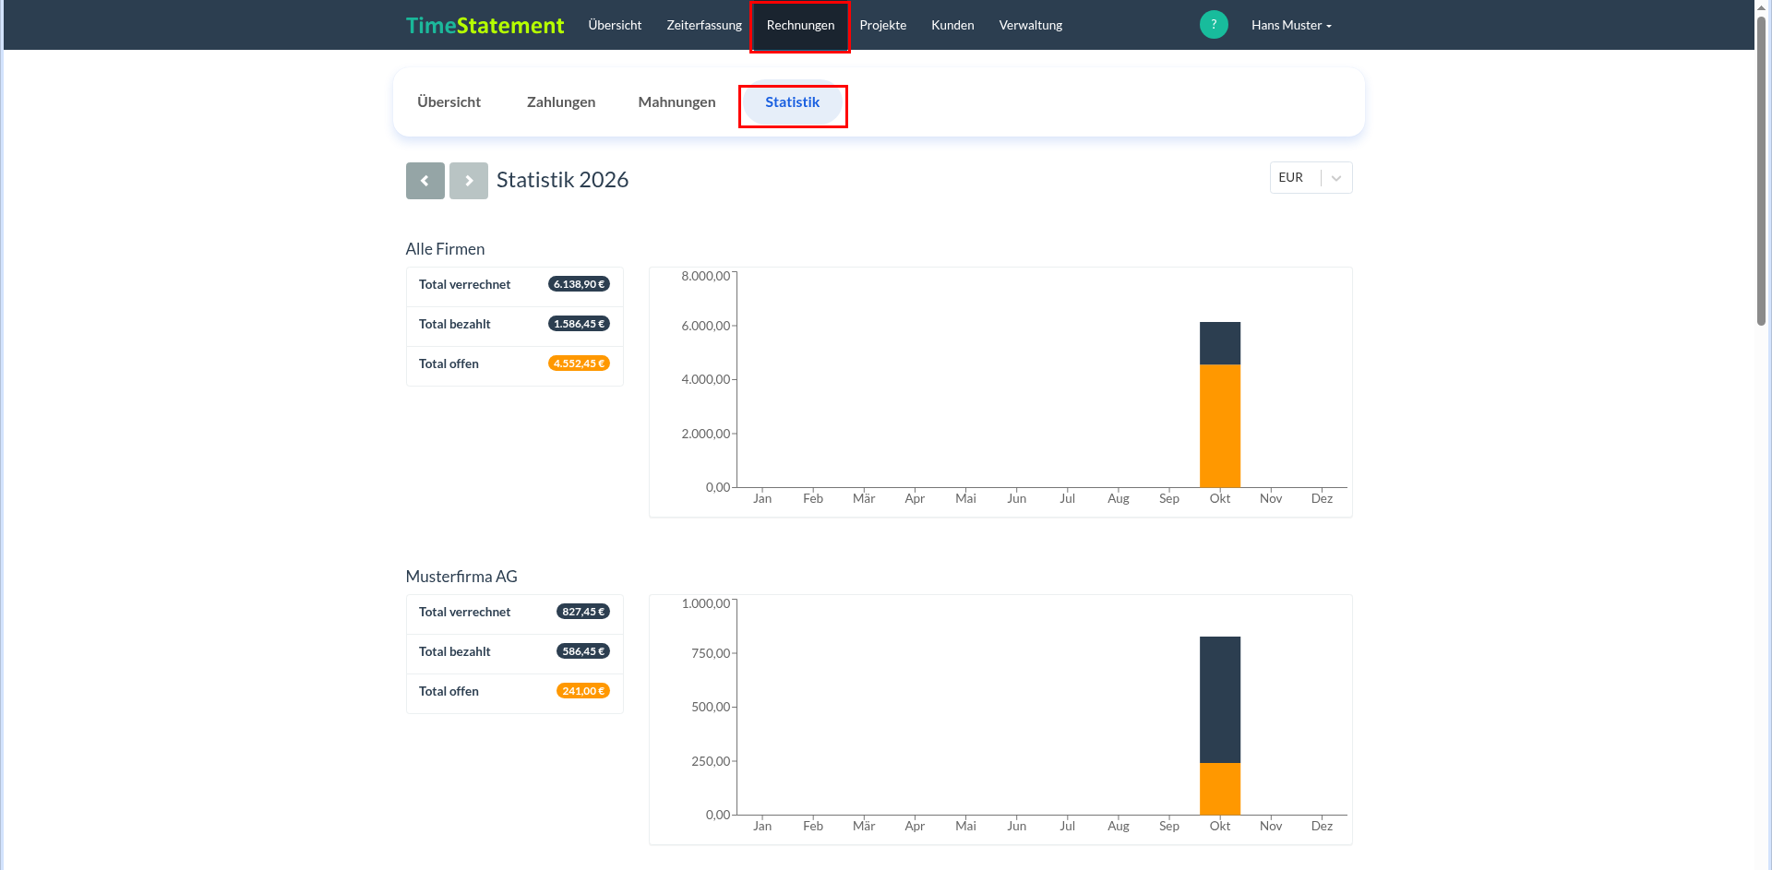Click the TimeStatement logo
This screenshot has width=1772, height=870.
point(485,26)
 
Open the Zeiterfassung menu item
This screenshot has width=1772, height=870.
point(704,25)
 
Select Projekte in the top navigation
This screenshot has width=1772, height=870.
point(882,25)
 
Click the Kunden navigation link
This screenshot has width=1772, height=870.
point(952,25)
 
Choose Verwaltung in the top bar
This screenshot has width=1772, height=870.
point(1030,25)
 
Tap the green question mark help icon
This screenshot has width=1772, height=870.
point(1214,24)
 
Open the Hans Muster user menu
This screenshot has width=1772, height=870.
point(1291,25)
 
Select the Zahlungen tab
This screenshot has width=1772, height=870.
point(561,102)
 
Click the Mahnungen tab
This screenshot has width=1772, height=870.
point(676,102)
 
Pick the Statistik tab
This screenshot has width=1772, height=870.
point(792,102)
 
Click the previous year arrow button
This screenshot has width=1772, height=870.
point(425,181)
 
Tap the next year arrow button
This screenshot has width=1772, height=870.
point(469,181)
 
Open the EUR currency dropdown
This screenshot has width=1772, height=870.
point(1311,178)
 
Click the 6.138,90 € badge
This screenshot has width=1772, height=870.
point(579,284)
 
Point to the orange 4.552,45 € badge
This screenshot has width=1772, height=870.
point(579,363)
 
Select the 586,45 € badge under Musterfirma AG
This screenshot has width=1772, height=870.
point(583,651)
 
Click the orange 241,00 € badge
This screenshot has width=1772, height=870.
point(583,691)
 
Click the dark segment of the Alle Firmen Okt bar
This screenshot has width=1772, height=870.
point(1220,343)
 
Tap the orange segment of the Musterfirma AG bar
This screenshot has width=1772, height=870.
point(1220,789)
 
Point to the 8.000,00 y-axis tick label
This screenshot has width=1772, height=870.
point(706,276)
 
